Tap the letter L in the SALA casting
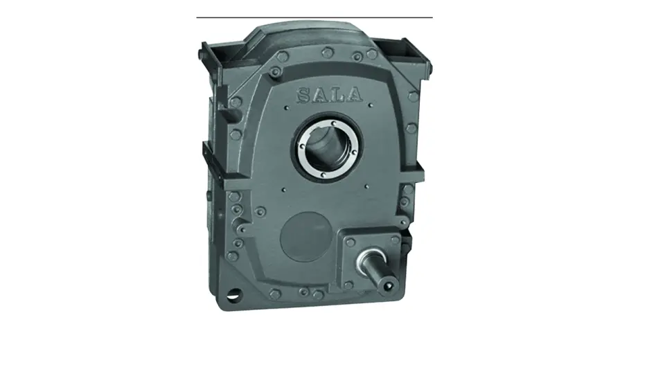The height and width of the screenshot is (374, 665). tap(337, 95)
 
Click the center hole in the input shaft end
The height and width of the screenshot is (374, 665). tap(387, 286)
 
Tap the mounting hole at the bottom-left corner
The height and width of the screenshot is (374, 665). tap(233, 294)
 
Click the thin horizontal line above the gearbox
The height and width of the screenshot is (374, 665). tap(314, 17)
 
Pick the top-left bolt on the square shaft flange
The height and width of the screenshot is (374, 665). tap(351, 242)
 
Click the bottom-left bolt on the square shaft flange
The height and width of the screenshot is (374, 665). tap(348, 286)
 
